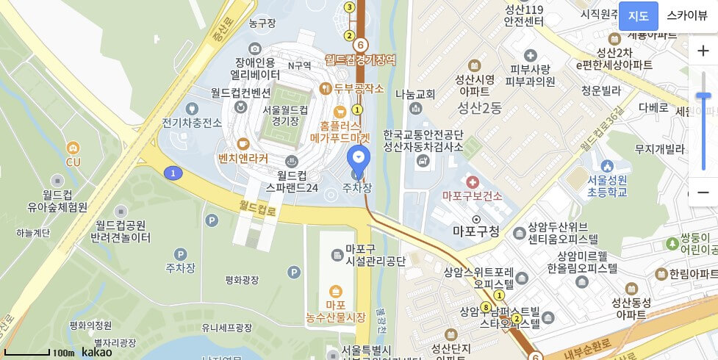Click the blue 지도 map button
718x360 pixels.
[x=638, y=16]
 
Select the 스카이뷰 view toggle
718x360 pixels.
[x=686, y=16]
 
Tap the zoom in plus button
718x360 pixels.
[x=703, y=51]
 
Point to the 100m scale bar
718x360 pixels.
[x=27, y=353]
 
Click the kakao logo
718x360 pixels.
[x=97, y=352]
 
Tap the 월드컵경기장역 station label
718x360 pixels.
[x=361, y=59]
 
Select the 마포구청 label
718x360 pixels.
[x=476, y=231]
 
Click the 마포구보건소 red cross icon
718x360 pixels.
[x=472, y=181]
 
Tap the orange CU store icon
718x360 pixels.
[x=73, y=148]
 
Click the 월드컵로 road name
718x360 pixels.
[x=258, y=211]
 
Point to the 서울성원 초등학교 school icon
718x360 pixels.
[x=606, y=166]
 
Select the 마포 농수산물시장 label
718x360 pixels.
[x=336, y=311]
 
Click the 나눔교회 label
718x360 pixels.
[x=415, y=94]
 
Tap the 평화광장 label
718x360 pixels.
[x=243, y=280]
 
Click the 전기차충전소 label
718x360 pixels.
[x=192, y=123]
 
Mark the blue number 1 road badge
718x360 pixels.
[x=173, y=173]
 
